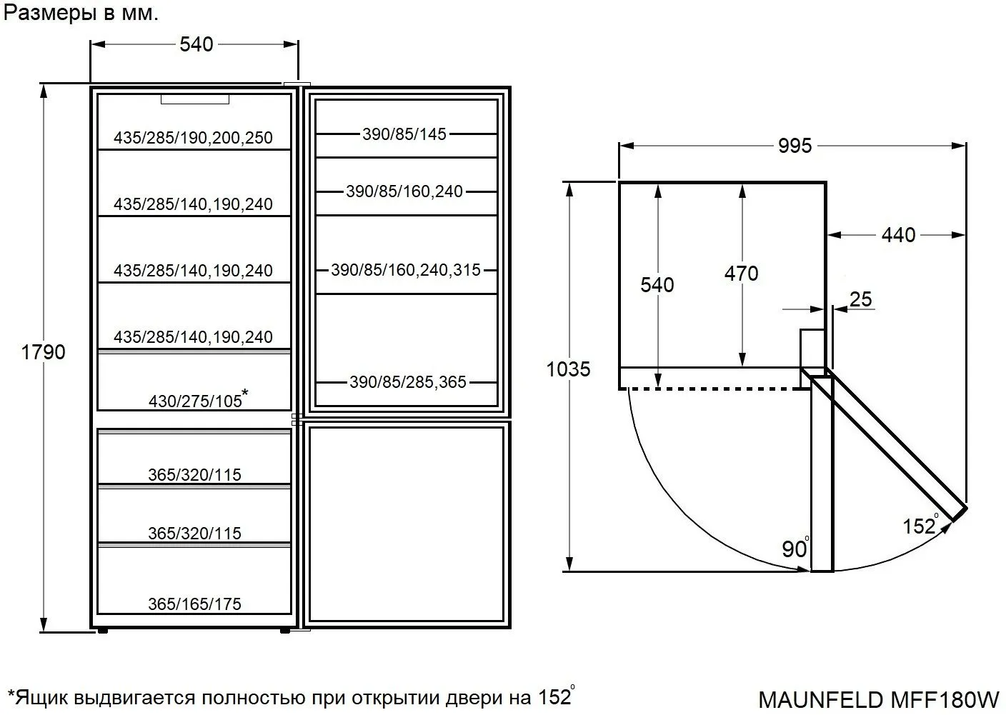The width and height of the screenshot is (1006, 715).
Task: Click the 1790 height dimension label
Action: [x=43, y=352]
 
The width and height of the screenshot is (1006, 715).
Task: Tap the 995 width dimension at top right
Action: [x=795, y=146]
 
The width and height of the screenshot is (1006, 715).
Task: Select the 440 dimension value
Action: [x=898, y=234]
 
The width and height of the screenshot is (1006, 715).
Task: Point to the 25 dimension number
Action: [x=861, y=299]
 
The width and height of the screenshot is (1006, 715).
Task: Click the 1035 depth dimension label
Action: [x=568, y=369]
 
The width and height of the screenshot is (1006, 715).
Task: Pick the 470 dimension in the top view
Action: [x=742, y=273]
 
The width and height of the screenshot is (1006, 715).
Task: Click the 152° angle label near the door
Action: [x=921, y=525]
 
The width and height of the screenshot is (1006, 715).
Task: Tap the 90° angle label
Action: [x=795, y=548]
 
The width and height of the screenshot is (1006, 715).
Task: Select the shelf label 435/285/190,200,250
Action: [x=193, y=137]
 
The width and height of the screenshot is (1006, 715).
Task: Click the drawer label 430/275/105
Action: [x=199, y=399]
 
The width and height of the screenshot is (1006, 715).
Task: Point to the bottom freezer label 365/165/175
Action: [x=194, y=604]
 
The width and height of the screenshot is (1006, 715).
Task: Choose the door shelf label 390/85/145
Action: [x=404, y=134]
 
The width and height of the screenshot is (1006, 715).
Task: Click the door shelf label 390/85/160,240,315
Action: [x=406, y=270]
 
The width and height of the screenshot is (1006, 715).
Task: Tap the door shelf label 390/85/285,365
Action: [x=408, y=382]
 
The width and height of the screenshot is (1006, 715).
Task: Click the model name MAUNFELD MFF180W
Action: [x=878, y=699]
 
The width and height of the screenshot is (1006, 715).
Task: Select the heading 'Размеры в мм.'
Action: [x=81, y=13]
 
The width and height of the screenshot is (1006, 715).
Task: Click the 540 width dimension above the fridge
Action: [x=196, y=44]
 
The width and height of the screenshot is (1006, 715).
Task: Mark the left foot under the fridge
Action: [x=102, y=631]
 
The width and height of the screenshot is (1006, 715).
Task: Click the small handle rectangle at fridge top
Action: [x=195, y=99]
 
